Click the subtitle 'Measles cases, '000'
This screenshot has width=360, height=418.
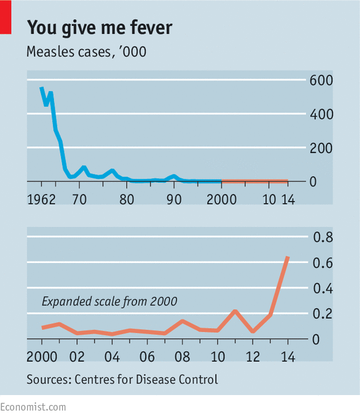click(86, 52)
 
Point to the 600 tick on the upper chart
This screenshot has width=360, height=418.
click(322, 81)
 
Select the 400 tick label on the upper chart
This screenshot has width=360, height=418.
click(322, 114)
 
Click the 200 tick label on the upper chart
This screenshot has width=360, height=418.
click(322, 148)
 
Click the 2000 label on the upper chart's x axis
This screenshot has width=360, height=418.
click(221, 200)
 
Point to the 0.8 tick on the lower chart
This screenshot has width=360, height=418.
click(322, 238)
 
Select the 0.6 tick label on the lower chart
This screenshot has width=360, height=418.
click(322, 263)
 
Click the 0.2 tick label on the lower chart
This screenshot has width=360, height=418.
click(322, 314)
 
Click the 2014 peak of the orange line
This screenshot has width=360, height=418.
click(287, 257)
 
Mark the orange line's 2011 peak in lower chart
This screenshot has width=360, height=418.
click(235, 311)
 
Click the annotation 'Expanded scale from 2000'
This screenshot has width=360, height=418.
click(109, 302)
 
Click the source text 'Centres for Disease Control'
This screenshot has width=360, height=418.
click(146, 379)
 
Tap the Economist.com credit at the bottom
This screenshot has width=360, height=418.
click(33, 407)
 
